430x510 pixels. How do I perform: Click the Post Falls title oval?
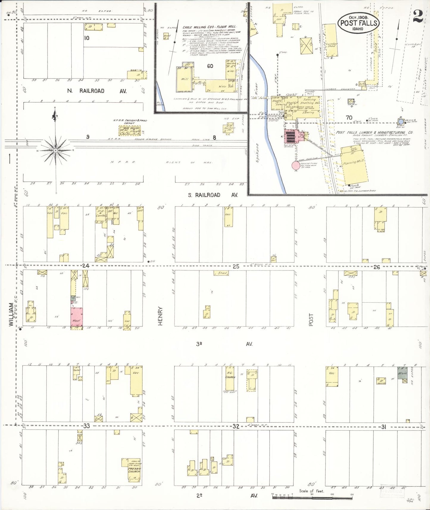pos(359,23)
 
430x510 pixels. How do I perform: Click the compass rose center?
pos(56,151)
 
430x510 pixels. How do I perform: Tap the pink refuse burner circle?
pos(295,165)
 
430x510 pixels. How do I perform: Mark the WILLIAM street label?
pos(11,314)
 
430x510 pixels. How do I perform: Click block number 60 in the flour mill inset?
pos(210,66)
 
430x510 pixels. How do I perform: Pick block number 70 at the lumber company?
pos(349,118)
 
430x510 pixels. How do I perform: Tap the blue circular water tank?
pos(401,121)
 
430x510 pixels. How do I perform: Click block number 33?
pos(86,426)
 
